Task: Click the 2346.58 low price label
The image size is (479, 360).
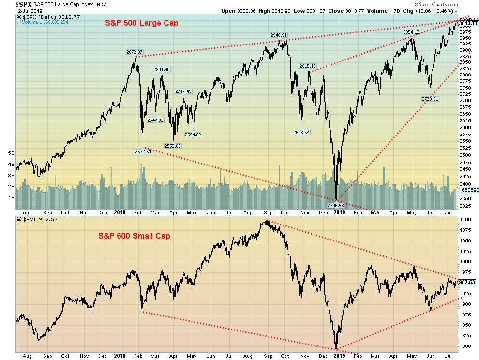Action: [334, 205]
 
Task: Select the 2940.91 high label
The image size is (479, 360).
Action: [278, 35]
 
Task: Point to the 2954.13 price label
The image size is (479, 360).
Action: [411, 32]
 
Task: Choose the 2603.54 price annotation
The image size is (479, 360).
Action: [301, 132]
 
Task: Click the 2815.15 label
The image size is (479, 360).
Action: [307, 66]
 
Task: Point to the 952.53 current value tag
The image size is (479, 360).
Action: [467, 282]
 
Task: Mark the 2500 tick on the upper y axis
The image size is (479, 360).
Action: [466, 154]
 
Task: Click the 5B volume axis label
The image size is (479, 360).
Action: [11, 153]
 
